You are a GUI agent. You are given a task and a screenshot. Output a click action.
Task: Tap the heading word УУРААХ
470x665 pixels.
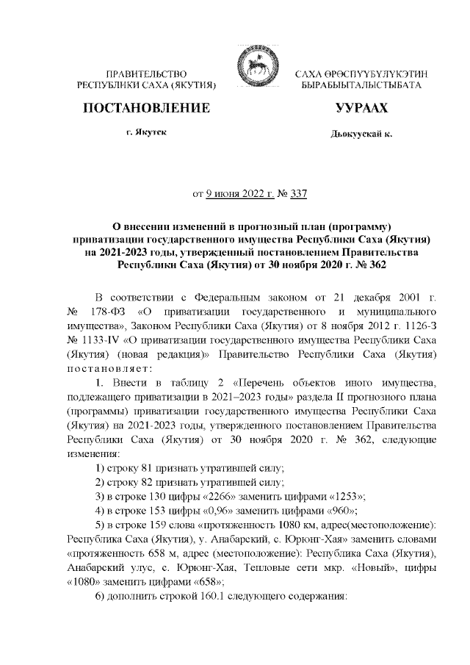[x=361, y=109]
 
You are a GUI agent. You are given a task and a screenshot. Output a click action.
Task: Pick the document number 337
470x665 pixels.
[x=298, y=195]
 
